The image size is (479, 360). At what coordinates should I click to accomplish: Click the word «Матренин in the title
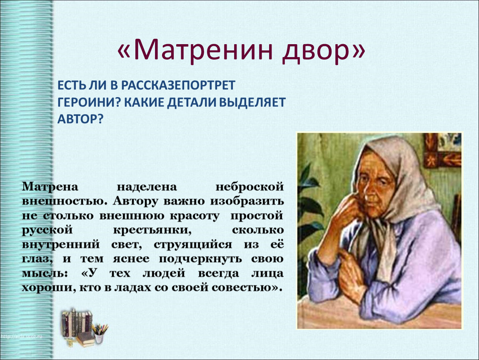194,49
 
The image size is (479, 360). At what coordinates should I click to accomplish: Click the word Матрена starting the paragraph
50,186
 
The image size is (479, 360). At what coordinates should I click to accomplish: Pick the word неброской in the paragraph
249,186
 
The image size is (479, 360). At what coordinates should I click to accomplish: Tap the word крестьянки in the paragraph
152,230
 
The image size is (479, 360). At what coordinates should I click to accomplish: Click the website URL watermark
21,337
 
